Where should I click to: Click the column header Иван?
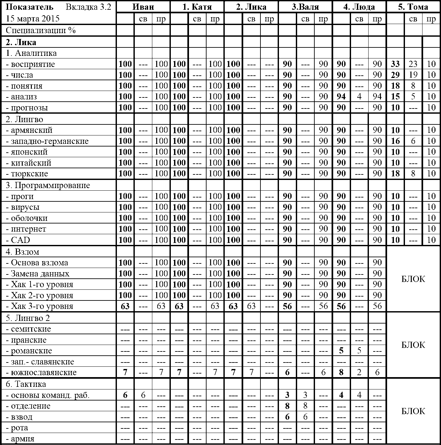pos(143,7)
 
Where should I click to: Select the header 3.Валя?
pos(305,7)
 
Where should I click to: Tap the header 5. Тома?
pos(413,7)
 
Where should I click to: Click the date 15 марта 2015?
pos(32,19)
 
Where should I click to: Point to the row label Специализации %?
pos(41,31)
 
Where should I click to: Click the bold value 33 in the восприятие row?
pos(395,64)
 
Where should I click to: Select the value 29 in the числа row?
pos(395,75)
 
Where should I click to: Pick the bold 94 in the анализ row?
pos(341,96)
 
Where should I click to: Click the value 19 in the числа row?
pos(413,75)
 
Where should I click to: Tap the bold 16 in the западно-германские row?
pos(395,141)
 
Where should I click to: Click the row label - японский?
pos(27,152)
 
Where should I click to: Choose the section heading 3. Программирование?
pos(48,185)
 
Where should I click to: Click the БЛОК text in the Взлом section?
pos(413,279)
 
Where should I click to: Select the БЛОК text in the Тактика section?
pos(413,411)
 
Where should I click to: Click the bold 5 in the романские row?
pos(341,351)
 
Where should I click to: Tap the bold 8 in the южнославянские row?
pos(341,373)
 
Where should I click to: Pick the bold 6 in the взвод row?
pos(287,417)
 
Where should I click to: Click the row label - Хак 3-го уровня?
pos(40,306)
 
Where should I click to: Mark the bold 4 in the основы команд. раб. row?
pos(341,395)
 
